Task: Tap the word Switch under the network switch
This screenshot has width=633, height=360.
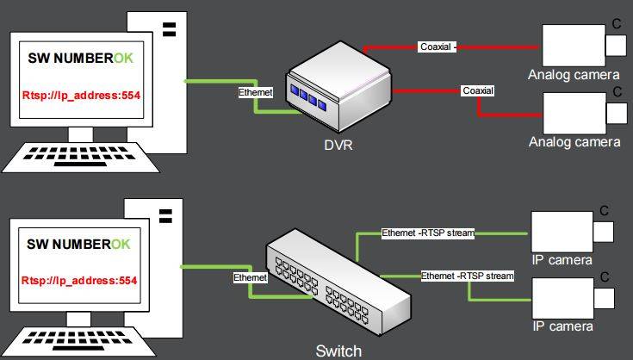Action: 338,351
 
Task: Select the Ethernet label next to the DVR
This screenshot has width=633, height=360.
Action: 256,90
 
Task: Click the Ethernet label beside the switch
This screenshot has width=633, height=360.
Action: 251,278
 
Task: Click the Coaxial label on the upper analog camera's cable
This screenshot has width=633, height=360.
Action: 437,46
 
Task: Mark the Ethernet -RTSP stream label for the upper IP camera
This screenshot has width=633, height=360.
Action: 428,233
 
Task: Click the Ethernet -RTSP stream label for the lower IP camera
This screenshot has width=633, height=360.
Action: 467,276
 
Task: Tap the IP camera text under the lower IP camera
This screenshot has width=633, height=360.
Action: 562,326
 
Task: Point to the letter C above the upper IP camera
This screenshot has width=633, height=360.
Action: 605,210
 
